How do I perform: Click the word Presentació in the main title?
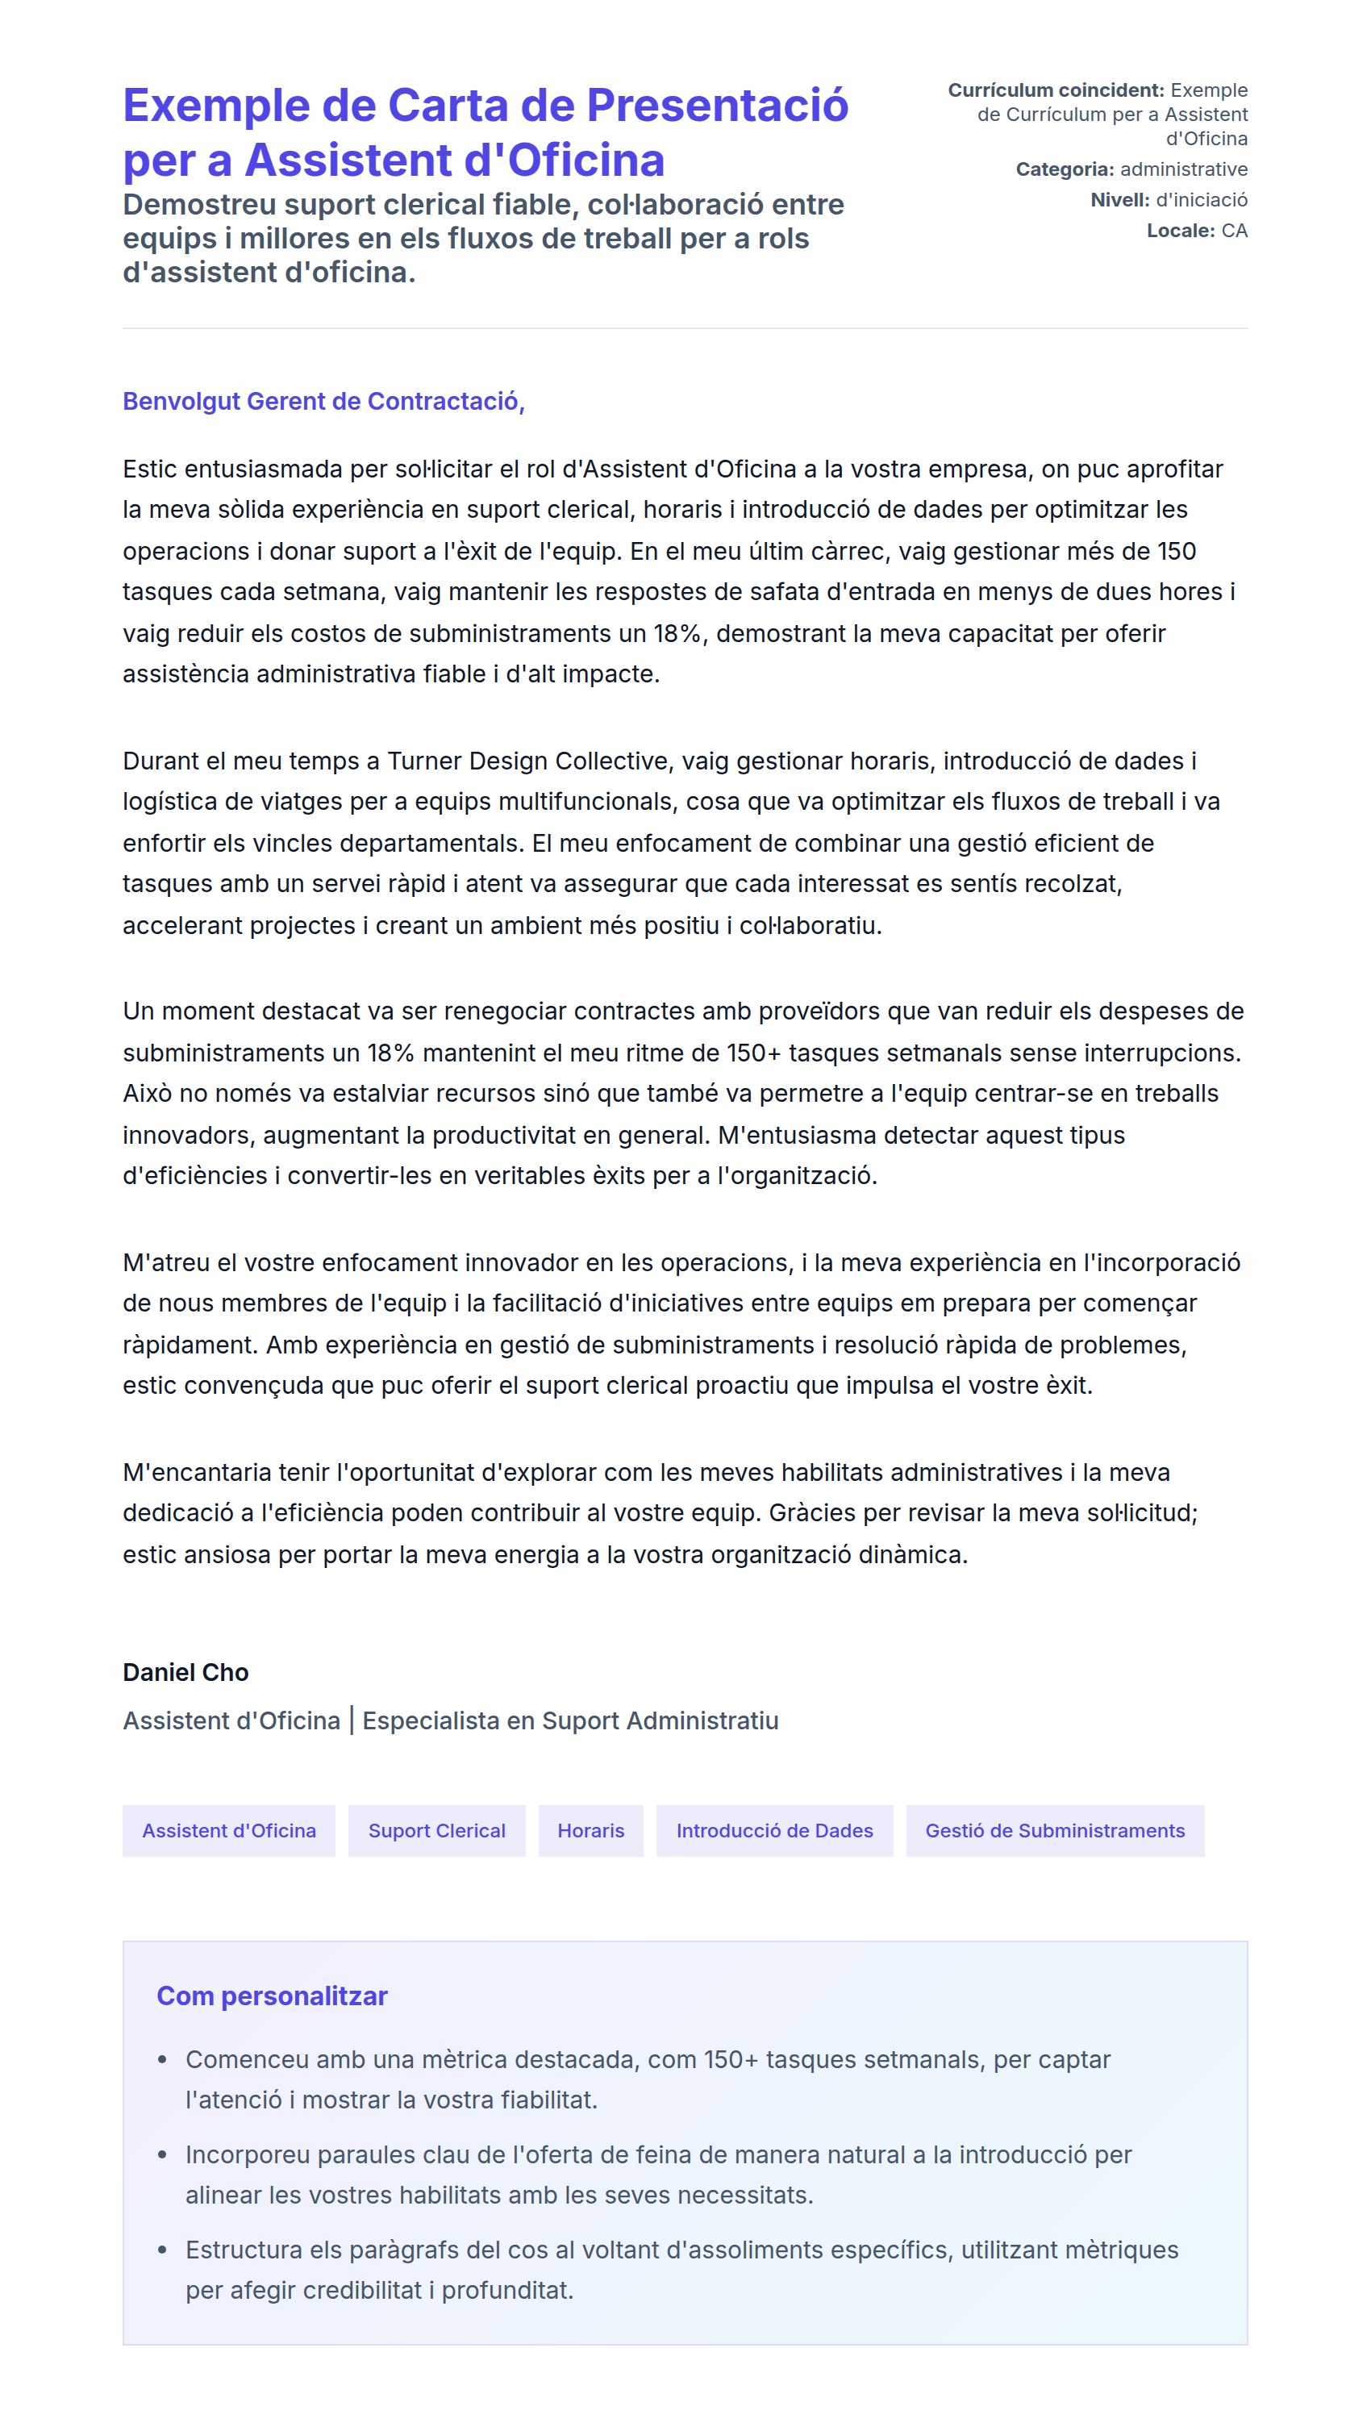[x=717, y=106]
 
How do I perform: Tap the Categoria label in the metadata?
[x=1064, y=169]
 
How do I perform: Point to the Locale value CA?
[x=1234, y=231]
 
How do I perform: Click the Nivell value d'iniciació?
[x=1201, y=200]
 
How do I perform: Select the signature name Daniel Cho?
[x=185, y=1671]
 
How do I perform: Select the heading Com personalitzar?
[x=271, y=1996]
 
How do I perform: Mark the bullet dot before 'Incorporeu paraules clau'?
[x=162, y=2154]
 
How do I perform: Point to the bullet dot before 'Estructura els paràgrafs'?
[x=162, y=2250]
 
